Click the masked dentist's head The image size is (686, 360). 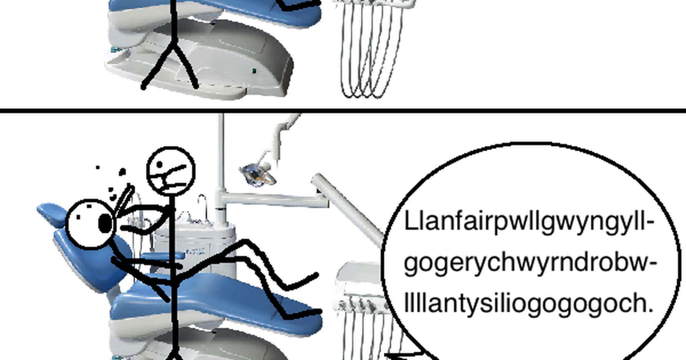[171, 171]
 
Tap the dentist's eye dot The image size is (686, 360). [159, 165]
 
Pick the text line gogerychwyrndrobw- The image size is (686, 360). [531, 263]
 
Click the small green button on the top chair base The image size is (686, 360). [254, 71]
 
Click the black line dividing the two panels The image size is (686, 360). [343, 110]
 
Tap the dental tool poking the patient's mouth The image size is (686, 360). [123, 200]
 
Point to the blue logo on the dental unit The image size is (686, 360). [194, 253]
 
